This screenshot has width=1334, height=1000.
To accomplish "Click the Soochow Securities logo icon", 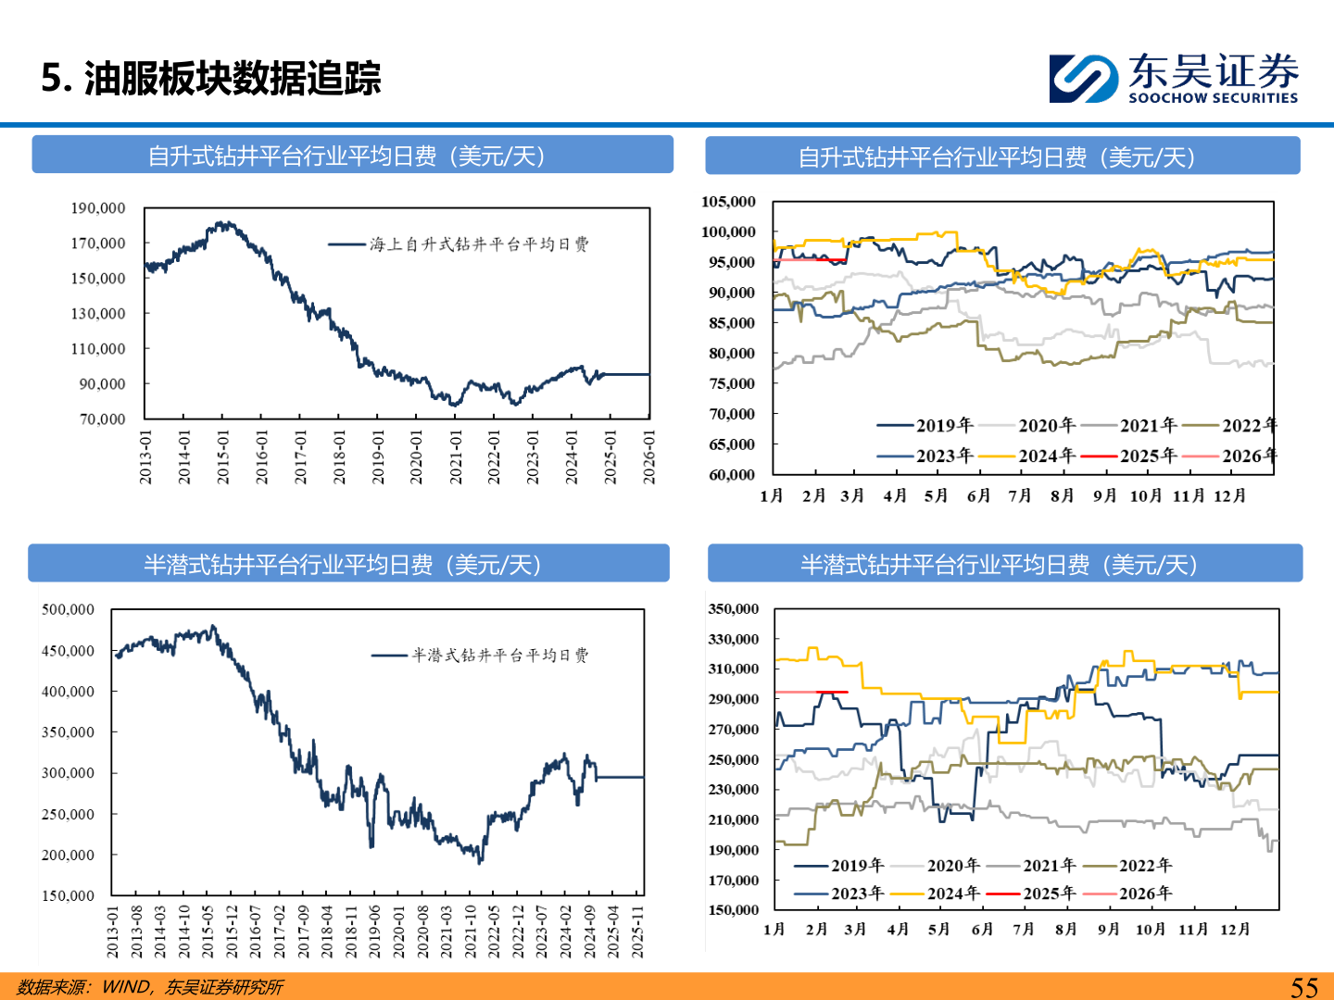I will pyautogui.click(x=1083, y=78).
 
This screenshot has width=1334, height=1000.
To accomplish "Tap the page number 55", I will pyautogui.click(x=1303, y=987).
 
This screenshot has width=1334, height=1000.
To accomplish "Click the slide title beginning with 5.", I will pyautogui.click(x=211, y=79).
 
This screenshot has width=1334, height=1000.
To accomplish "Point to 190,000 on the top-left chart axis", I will pyautogui.click(x=98, y=208).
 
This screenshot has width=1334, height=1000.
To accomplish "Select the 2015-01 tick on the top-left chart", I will pyautogui.click(x=223, y=456).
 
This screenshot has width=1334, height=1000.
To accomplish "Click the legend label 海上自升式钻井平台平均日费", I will pyautogui.click(x=478, y=244).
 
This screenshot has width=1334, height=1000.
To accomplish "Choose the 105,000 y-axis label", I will pyautogui.click(x=728, y=202).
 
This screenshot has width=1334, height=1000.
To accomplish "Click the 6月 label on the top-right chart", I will pyautogui.click(x=978, y=496).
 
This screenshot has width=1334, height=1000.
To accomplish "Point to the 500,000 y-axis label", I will pyautogui.click(x=68, y=609).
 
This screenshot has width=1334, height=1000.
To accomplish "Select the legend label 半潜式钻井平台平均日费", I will pyautogui.click(x=499, y=656).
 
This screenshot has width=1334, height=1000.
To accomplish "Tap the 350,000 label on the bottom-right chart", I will pyautogui.click(x=733, y=609).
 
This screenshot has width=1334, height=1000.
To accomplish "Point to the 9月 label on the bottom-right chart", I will pyautogui.click(x=1108, y=930).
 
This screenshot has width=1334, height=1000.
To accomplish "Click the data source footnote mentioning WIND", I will pyautogui.click(x=150, y=987).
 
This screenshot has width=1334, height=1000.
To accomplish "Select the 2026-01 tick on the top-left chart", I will pyautogui.click(x=649, y=456).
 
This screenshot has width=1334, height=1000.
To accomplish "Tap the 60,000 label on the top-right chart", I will pyautogui.click(x=732, y=475).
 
